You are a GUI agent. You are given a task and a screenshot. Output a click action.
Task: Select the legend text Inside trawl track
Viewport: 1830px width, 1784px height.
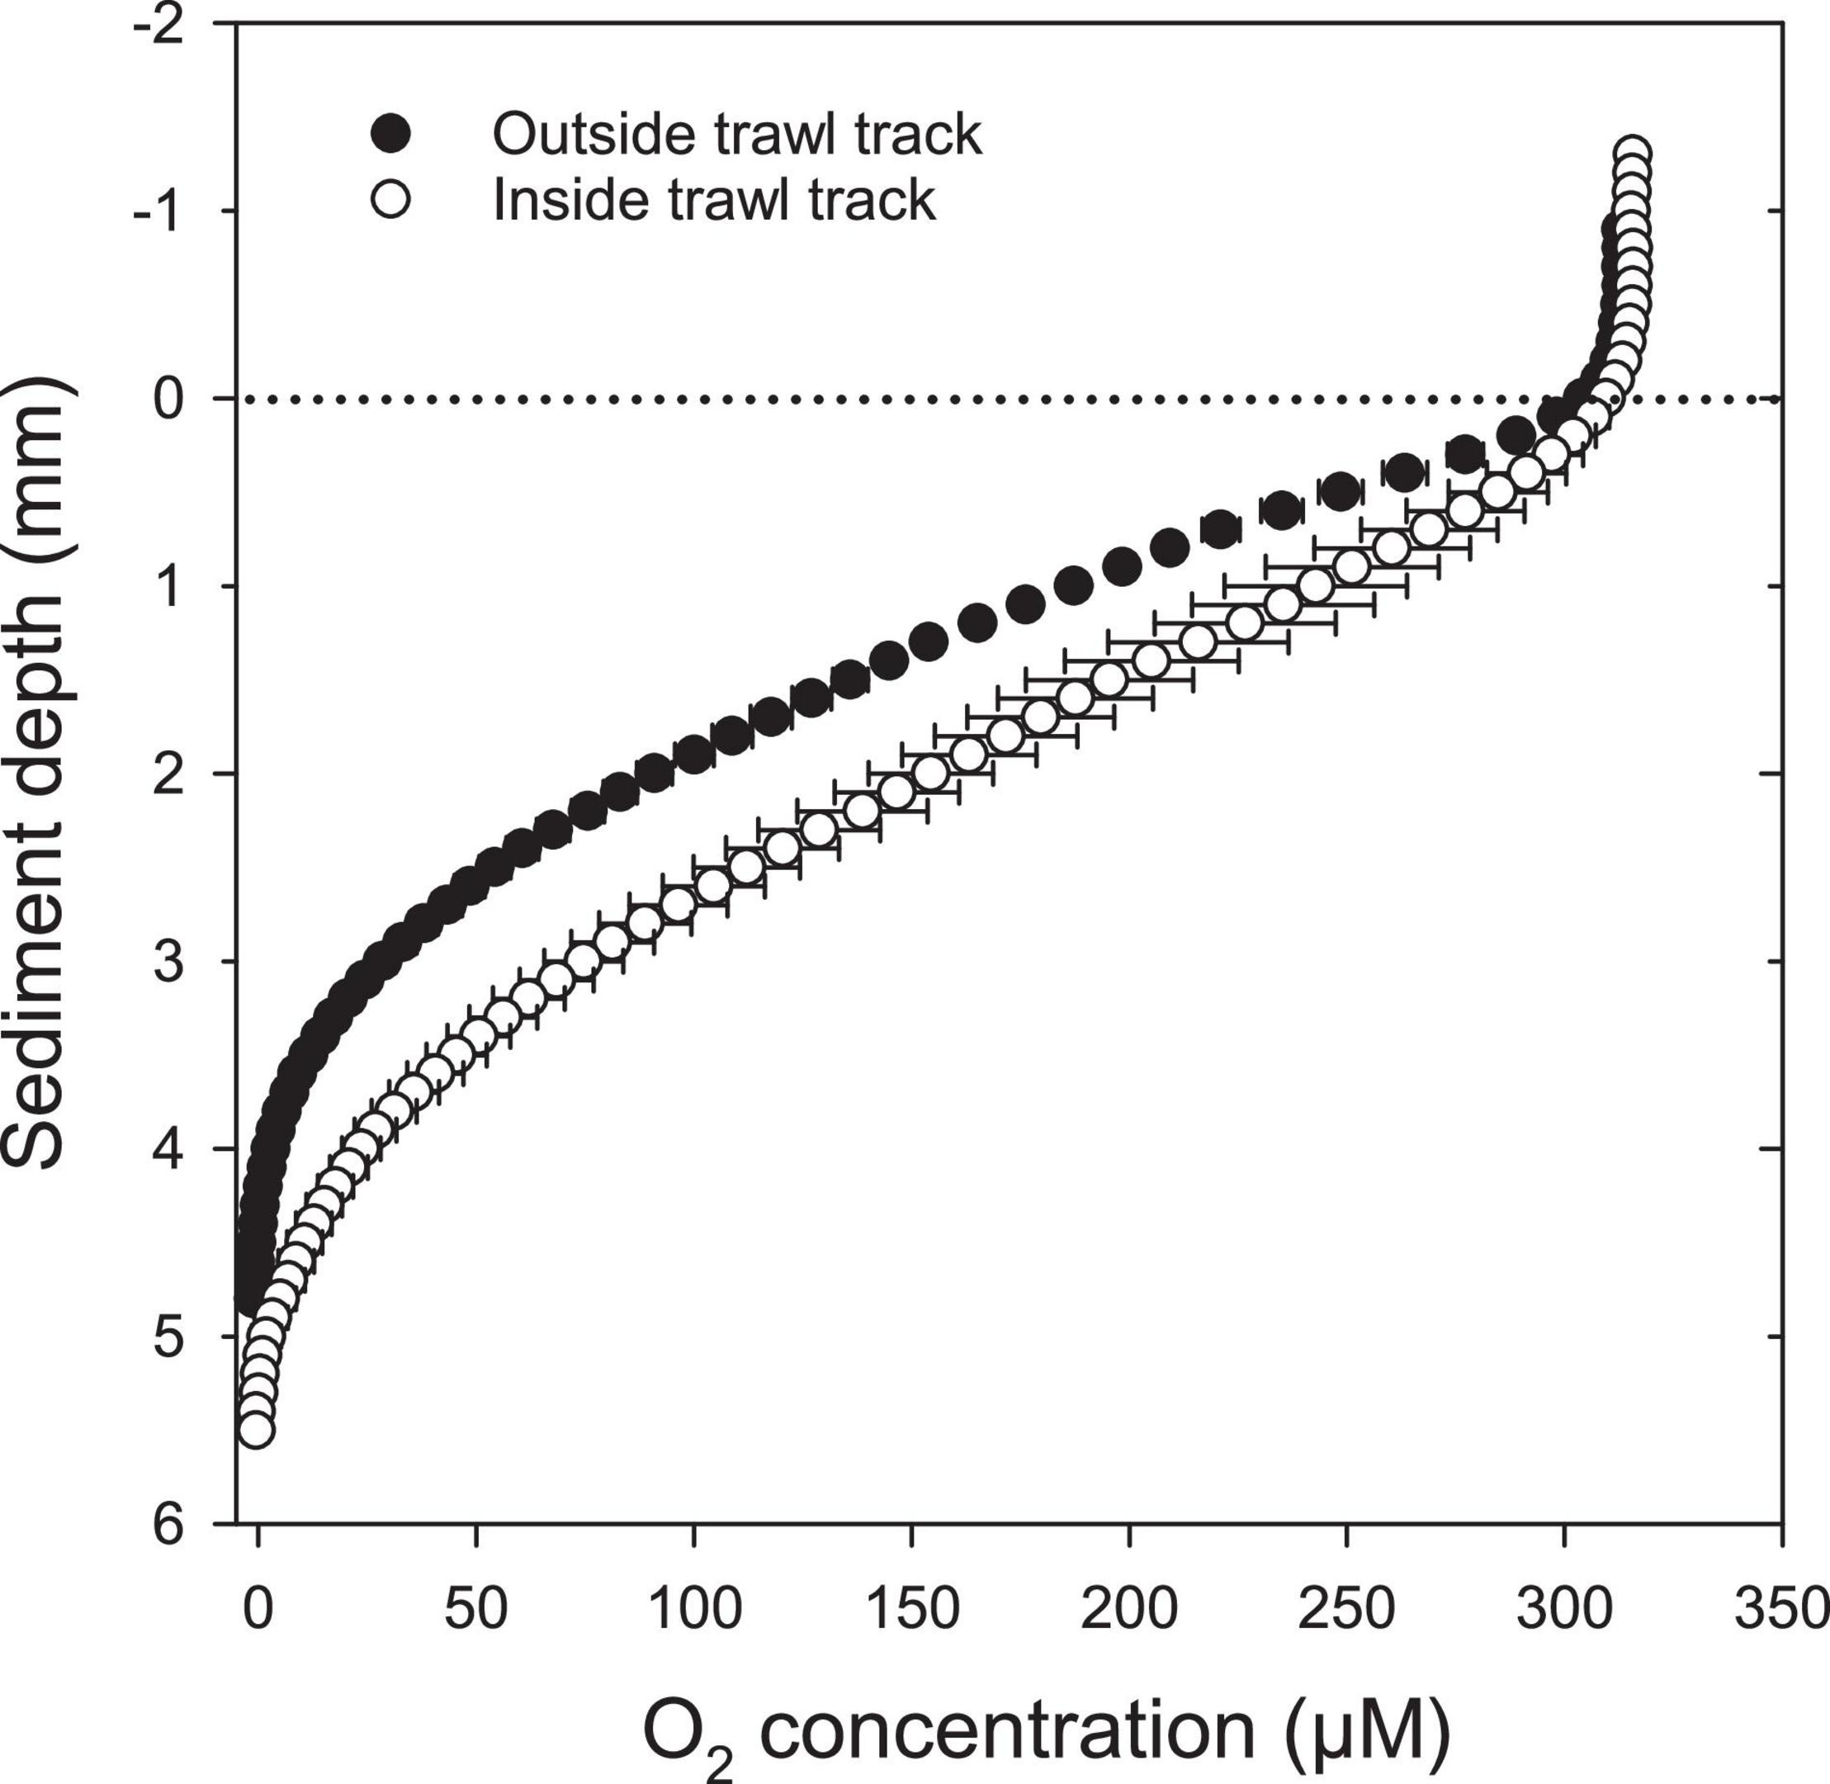pos(714,200)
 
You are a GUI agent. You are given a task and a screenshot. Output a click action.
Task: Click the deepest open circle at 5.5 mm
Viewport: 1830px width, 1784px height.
pos(256,1430)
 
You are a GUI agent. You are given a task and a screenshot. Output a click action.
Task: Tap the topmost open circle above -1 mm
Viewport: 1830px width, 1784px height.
pos(1631,154)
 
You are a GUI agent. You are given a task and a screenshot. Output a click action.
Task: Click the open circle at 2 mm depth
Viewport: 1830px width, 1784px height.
pos(930,774)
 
